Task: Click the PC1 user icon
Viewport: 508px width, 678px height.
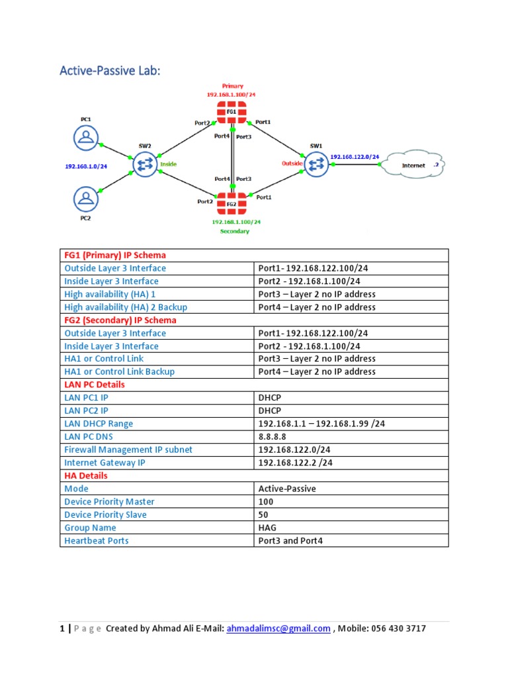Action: click(85, 137)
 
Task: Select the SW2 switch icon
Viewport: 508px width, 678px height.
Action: click(145, 164)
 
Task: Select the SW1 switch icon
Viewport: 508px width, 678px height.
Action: click(317, 163)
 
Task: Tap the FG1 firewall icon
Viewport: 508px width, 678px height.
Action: click(232, 113)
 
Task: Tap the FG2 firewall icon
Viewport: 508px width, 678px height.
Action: click(232, 204)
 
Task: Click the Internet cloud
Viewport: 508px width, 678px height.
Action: click(415, 164)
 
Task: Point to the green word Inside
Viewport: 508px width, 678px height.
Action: click(168, 164)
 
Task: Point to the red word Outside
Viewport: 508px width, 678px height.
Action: click(292, 163)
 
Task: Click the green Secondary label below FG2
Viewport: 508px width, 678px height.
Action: click(235, 232)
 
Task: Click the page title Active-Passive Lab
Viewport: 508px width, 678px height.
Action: click(110, 70)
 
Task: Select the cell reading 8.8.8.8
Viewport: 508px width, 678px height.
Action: click(271, 436)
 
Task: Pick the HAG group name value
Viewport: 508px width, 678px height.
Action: click(267, 528)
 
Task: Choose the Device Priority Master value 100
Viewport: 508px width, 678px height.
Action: click(265, 502)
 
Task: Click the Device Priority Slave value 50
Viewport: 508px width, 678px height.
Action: click(263, 514)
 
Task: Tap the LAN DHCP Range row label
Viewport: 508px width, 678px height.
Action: click(99, 424)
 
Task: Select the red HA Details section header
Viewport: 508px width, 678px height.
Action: click(86, 475)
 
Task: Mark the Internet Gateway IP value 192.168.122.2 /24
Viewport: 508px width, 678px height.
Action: click(295, 463)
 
